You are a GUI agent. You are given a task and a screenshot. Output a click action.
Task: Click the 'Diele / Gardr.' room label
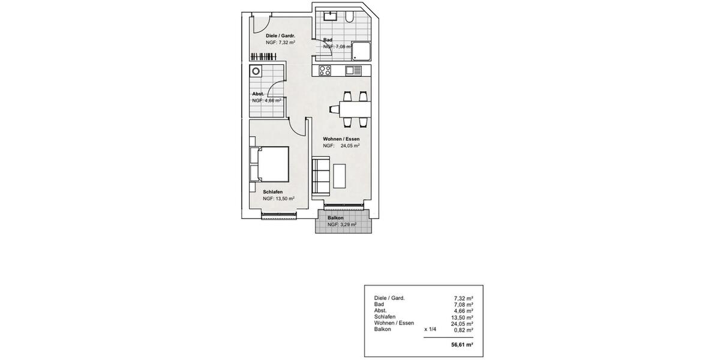280,36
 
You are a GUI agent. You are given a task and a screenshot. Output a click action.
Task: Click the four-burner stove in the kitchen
325,70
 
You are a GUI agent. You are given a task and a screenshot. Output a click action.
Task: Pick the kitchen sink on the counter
353,70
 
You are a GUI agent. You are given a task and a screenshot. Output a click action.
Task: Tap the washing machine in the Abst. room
257,71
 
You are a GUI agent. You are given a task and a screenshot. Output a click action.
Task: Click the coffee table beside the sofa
340,174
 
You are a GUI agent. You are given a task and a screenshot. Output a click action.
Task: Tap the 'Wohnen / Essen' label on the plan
341,139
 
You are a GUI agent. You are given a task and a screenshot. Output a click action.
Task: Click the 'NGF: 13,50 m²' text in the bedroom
278,199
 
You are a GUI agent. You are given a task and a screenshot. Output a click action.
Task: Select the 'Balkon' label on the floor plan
336,218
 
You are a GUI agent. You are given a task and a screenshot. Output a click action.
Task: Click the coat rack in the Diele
264,56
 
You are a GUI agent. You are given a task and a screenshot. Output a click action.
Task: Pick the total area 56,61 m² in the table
461,345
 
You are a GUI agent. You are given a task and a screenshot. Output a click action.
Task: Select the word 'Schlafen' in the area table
385,317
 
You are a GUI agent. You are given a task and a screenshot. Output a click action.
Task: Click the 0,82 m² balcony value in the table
463,329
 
